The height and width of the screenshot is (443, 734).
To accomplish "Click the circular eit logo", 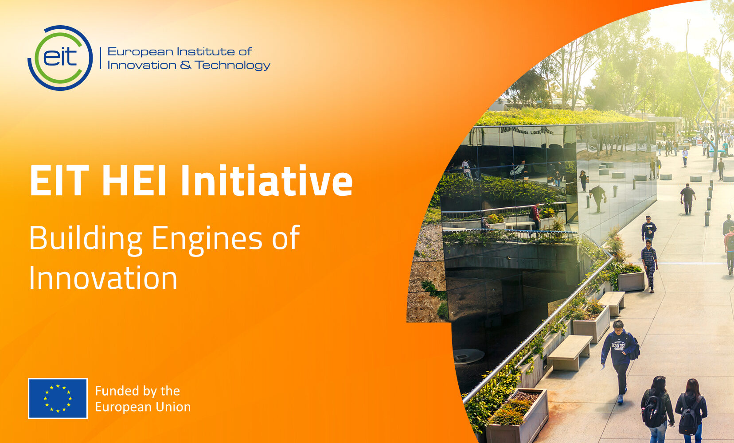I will [60, 58].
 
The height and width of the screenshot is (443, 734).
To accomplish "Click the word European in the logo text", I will [140, 52].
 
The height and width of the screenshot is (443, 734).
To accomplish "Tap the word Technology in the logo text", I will [232, 65].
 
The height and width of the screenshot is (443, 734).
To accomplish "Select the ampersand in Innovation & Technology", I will [186, 65].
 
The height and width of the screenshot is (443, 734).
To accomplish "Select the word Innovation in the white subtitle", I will [103, 278].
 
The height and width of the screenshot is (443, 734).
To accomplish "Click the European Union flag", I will [58, 398].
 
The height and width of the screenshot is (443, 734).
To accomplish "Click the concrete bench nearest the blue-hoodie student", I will [570, 352].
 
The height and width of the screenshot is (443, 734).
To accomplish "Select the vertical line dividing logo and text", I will [101, 58].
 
